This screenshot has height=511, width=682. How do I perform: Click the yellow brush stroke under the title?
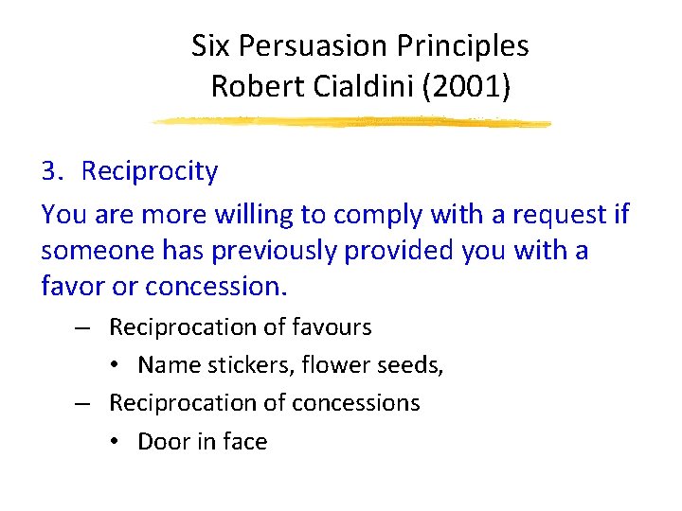coord(350,122)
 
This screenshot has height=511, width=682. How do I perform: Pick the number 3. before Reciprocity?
coord(53,171)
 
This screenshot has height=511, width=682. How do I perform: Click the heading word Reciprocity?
coord(150,171)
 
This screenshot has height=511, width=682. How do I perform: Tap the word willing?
coord(253,215)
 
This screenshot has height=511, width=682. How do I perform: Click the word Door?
coord(162,441)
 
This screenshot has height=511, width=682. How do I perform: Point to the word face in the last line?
coord(244,441)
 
